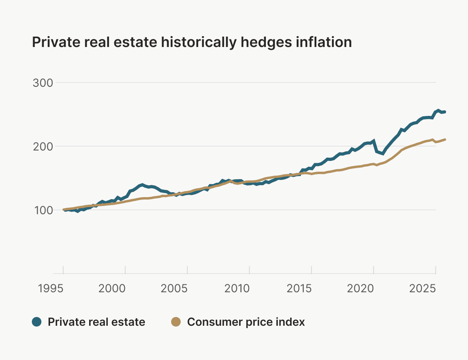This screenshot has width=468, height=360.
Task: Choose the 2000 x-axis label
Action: pos(112,288)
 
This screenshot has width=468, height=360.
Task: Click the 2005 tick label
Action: pos(174,288)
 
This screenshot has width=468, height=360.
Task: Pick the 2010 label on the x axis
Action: pos(236,288)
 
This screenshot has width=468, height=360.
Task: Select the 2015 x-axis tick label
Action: pos(298,288)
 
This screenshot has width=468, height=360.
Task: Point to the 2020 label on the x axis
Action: pos(361,288)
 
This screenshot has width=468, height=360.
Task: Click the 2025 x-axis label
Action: pos(423,288)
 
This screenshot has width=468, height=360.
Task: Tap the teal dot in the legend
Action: pos(37,322)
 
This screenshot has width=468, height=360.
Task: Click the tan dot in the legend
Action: pos(175,322)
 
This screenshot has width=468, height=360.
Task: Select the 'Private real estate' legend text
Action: pos(96,322)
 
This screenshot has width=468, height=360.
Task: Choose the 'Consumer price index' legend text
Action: pos(246,322)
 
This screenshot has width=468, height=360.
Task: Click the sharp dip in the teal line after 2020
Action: pos(382,154)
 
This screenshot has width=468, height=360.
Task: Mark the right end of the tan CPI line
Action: pos(445,139)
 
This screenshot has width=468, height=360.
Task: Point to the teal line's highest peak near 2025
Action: pos(438,110)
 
